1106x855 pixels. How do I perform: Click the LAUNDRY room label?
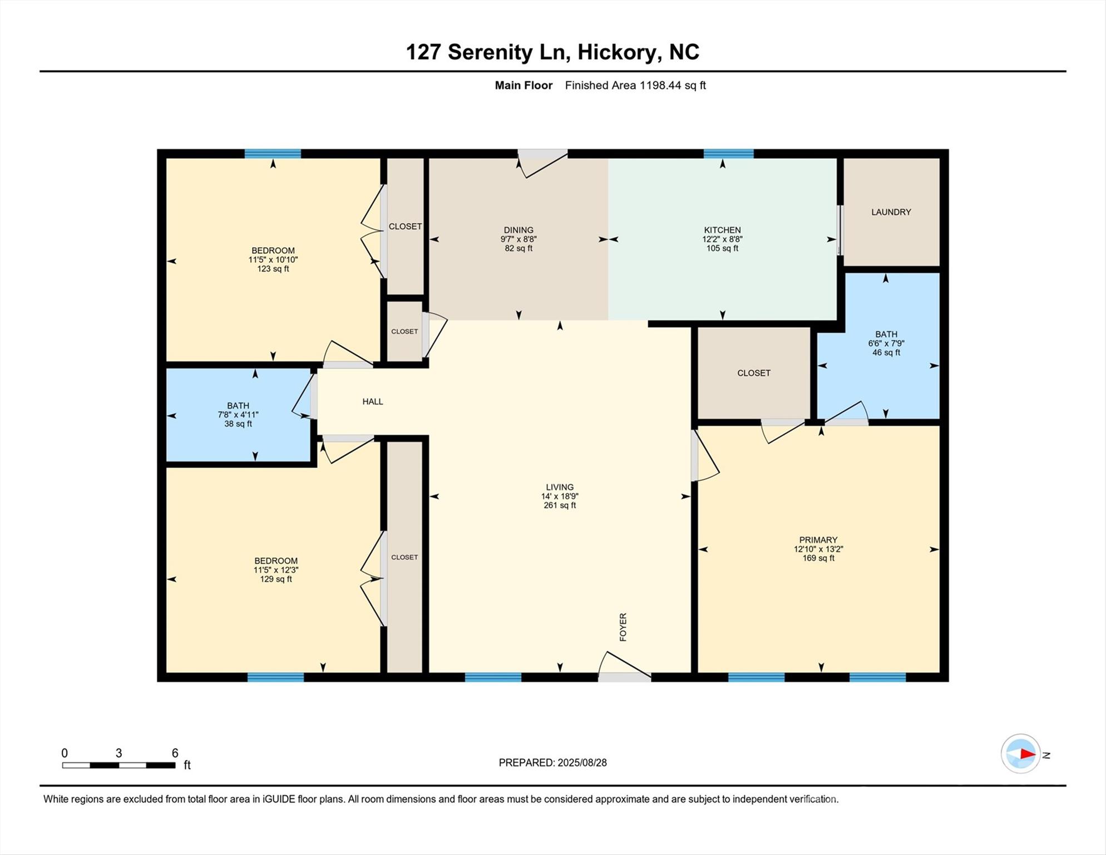coord(891,212)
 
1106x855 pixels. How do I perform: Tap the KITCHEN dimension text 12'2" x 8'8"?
coord(722,239)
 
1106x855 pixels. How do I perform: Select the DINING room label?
coord(519,230)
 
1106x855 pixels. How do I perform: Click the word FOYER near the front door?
coord(623,627)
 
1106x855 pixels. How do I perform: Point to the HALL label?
coord(373,401)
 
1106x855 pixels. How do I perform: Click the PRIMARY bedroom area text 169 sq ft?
coord(818,558)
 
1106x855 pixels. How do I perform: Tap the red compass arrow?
coord(1027,754)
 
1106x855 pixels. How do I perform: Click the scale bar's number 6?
coord(175,753)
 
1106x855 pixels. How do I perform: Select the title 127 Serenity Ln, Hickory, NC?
coord(552,52)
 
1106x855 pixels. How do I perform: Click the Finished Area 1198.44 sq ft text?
coord(635,85)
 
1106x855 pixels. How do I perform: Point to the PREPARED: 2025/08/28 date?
coord(552,763)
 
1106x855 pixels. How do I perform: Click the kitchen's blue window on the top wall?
coord(728,154)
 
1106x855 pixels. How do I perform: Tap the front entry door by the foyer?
coord(624,677)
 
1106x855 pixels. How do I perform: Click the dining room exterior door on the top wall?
coord(542,154)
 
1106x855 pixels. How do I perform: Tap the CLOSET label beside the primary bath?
coord(753,373)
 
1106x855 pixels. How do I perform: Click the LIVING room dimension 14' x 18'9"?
coord(560,497)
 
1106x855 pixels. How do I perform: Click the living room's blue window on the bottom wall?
coord(493,677)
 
